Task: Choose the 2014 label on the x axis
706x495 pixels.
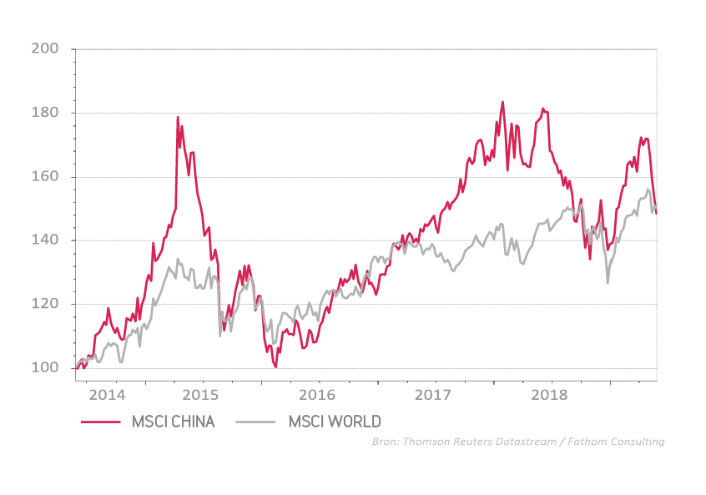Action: [x=107, y=394]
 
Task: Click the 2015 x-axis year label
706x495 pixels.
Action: [x=201, y=394]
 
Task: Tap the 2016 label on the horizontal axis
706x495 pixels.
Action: [x=318, y=394]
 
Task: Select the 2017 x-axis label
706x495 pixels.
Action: [x=434, y=394]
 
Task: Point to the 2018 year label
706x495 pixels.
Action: [x=550, y=394]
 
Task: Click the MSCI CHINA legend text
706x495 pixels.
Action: [x=173, y=422]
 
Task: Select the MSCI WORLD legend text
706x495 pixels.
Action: [x=335, y=422]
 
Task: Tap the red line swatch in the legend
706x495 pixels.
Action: [x=100, y=422]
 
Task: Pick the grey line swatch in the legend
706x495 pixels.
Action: [x=257, y=422]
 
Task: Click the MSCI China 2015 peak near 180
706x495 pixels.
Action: [x=178, y=118]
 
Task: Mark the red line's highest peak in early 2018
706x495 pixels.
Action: [x=502, y=103]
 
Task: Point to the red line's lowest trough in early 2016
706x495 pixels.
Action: [x=275, y=366]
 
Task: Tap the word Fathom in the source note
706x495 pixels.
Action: [x=598, y=442]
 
